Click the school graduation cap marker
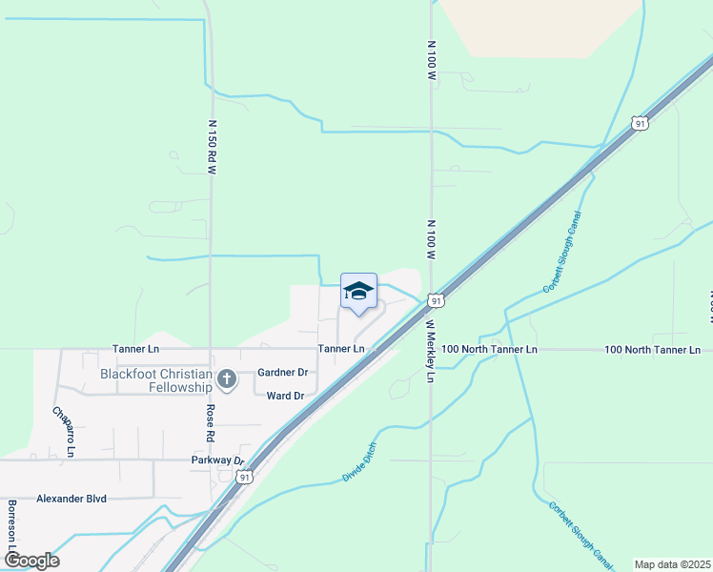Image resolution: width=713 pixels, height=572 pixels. [358, 292]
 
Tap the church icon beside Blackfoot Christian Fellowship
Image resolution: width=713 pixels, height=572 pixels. [227, 380]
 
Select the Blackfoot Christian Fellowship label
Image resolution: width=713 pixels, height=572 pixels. [155, 380]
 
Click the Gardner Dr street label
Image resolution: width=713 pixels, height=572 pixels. [283, 373]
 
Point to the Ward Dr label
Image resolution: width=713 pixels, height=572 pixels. [285, 396]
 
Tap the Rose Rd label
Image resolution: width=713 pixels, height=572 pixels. [211, 423]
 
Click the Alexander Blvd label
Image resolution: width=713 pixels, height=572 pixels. [71, 499]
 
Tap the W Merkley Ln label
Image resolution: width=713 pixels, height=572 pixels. [430, 351]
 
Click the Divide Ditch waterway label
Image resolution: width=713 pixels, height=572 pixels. [359, 461]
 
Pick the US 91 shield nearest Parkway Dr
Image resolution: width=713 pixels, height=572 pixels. [245, 476]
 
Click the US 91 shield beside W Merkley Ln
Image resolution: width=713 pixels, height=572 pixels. [436, 300]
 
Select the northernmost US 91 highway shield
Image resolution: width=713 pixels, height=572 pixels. [640, 123]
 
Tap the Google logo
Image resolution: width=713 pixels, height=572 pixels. [31, 560]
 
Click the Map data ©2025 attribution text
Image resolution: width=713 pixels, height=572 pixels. [671, 564]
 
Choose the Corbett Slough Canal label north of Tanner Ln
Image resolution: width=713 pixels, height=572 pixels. [561, 252]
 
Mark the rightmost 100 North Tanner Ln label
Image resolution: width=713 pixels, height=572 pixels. [652, 350]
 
